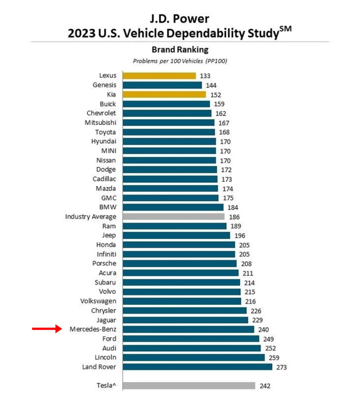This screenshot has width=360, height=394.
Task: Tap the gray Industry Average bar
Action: point(173,216)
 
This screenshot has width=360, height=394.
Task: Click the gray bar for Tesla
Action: point(188,386)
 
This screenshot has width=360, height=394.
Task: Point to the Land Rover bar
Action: point(197,366)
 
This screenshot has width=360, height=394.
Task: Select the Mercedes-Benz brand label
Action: point(93,329)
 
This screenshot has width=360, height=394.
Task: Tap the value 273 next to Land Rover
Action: point(282,367)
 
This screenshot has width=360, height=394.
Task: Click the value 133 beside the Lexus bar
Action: point(206,76)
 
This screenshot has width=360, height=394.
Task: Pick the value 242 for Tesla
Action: point(266,386)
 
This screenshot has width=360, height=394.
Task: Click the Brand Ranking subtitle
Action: point(179,49)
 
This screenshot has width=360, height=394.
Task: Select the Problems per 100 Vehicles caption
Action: point(179,61)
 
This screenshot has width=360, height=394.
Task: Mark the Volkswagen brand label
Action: point(98,301)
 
